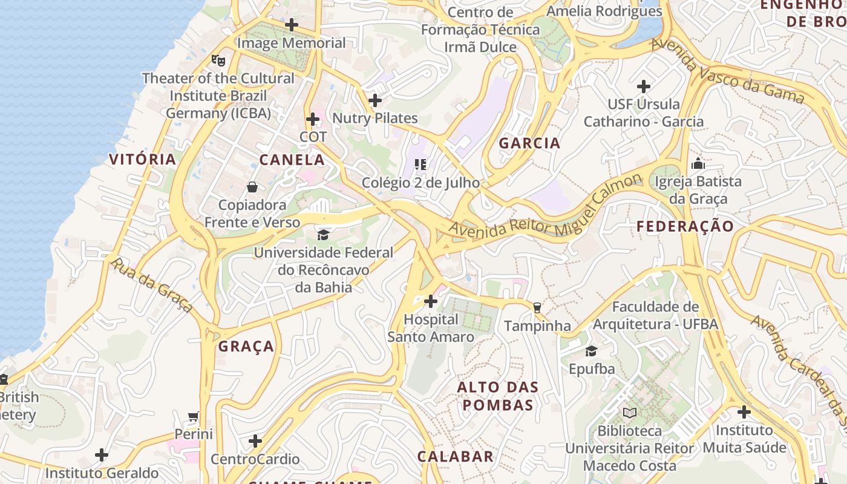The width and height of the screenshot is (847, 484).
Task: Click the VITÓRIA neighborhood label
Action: (143, 160)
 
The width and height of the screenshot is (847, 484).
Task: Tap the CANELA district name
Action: (292, 160)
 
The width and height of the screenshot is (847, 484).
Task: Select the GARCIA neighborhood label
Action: (529, 143)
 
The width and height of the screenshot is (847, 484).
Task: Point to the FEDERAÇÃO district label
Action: (685, 226)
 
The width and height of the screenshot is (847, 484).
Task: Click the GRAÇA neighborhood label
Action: (246, 347)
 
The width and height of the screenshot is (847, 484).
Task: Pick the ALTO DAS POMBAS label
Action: (498, 396)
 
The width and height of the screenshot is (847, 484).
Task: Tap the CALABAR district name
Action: (456, 457)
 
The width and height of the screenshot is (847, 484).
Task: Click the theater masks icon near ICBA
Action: (218, 60)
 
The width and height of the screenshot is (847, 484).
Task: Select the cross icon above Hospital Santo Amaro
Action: (431, 301)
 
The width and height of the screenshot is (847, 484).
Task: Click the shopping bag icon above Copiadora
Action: (252, 187)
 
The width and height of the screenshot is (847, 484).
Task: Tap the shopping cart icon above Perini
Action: (194, 416)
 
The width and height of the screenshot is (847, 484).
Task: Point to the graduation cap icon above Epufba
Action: (591, 351)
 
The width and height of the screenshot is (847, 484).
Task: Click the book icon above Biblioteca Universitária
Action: (630, 413)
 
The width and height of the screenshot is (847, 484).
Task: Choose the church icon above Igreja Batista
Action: (698, 163)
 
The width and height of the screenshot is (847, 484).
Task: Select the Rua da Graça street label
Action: (152, 286)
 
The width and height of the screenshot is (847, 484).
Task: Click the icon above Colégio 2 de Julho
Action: (420, 164)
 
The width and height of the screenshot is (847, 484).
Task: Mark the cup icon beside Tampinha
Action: (537, 307)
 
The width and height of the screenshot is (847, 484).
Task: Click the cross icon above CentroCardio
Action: (255, 440)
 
